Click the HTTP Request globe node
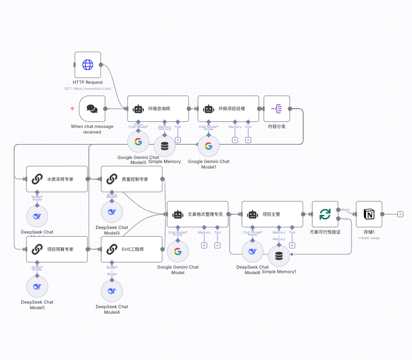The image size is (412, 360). click(88, 64)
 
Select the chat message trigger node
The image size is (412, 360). click(92, 109)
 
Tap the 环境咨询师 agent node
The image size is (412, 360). click(157, 109)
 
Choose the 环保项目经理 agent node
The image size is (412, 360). click(228, 109)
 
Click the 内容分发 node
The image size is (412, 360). click(276, 109)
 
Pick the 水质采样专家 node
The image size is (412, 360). click(57, 179)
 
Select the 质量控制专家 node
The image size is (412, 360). click(132, 179)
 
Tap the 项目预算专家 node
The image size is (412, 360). click(57, 249)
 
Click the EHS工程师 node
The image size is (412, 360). click(132, 249)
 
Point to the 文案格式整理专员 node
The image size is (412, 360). click(198, 214)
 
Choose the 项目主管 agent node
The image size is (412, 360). click(272, 214)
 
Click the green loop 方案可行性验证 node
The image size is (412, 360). click(325, 214)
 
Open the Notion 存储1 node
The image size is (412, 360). click(369, 214)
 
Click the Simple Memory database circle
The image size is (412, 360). click(165, 146)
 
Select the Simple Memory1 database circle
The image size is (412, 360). click(278, 256)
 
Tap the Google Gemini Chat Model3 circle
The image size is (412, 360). click(138, 142)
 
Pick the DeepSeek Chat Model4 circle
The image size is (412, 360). click(112, 291)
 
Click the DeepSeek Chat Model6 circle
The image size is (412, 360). click(252, 251)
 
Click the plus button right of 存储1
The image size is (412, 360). click(400, 214)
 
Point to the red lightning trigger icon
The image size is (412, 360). click(72, 108)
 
